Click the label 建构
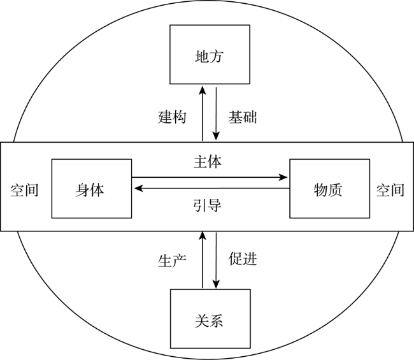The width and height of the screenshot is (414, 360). coord(172,117)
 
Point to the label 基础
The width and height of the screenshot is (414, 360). coord(243,117)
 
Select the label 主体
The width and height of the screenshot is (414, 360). coord(208,162)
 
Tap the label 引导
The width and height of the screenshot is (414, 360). coord(208,206)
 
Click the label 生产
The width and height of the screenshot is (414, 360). coord(172,261)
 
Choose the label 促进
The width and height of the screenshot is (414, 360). coord(243,259)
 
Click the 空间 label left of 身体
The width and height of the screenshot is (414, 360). coord(25,190)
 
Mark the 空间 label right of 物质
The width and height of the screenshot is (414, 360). coord(390,190)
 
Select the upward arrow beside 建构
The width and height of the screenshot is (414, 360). coord(203,113)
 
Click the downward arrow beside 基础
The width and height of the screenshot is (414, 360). coord(217,113)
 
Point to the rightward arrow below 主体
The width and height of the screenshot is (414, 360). coord(210,177)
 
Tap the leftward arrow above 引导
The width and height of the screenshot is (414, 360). coord(211,189)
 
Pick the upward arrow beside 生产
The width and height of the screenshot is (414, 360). coord(203,260)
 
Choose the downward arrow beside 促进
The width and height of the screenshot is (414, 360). coord(217,260)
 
